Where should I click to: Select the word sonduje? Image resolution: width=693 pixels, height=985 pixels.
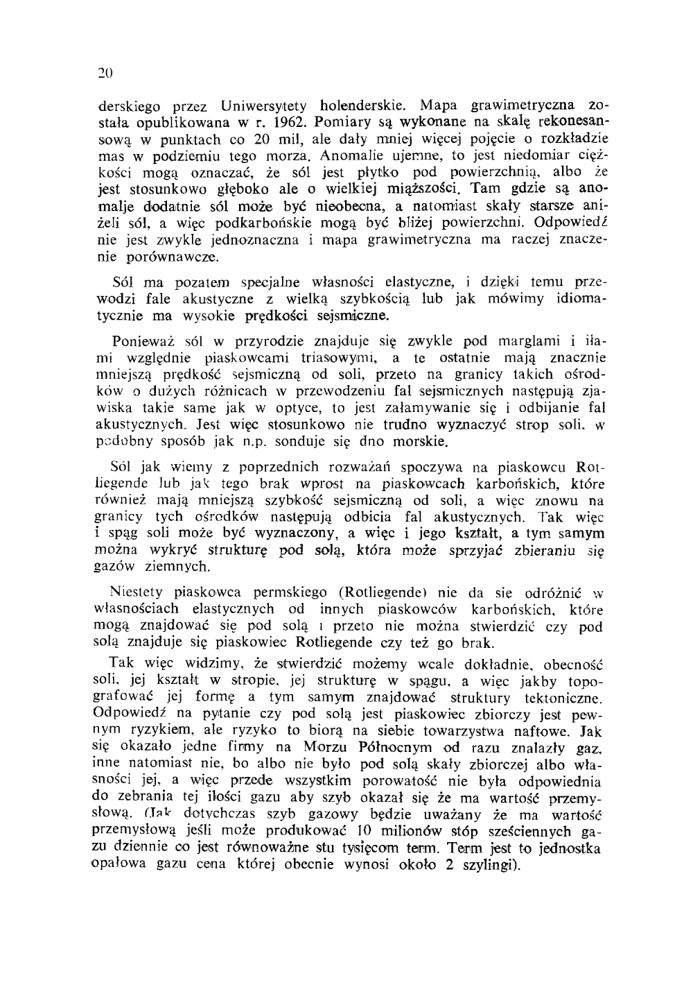point(331,441)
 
